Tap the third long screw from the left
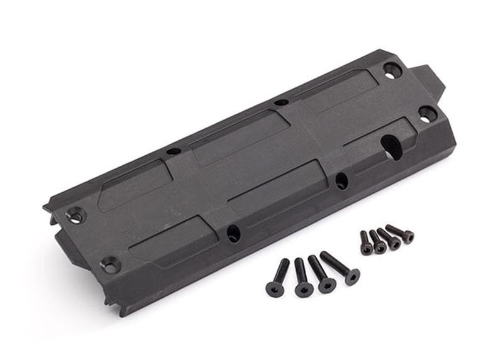[320, 272]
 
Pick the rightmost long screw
[340, 266]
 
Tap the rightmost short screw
[400, 234]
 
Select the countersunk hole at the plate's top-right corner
[392, 71]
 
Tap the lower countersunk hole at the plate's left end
[111, 265]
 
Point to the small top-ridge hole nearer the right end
[281, 102]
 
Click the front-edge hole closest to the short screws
[341, 181]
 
